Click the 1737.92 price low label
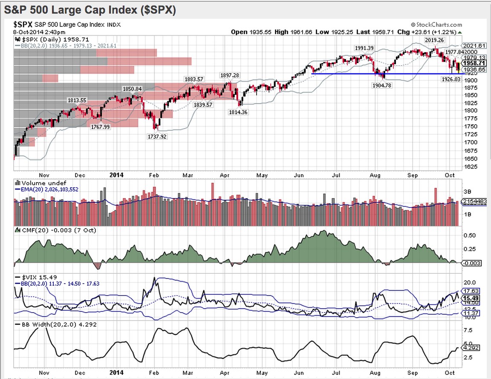click(x=157, y=137)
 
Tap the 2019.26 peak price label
click(x=433, y=40)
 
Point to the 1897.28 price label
click(x=230, y=75)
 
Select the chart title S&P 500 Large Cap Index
click(x=90, y=9)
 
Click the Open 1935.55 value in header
click(x=248, y=32)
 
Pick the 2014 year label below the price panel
click(x=116, y=175)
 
